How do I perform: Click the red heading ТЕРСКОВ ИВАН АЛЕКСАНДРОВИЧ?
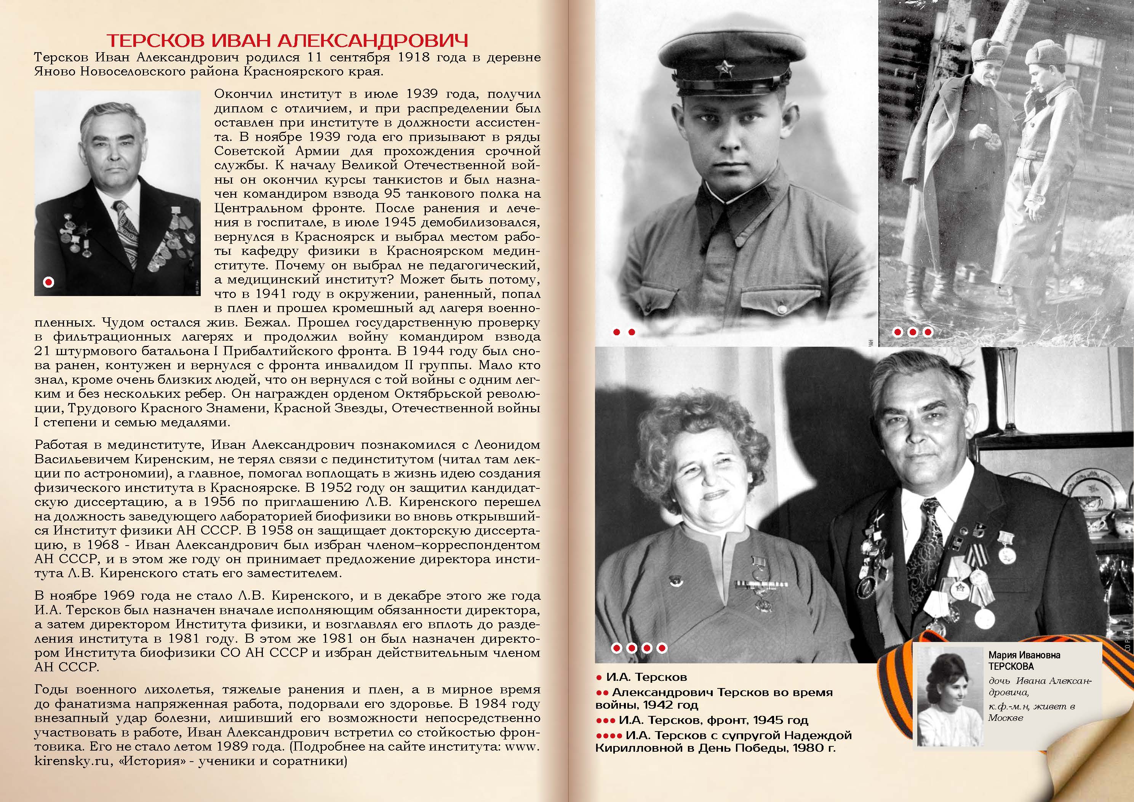(x=288, y=40)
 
